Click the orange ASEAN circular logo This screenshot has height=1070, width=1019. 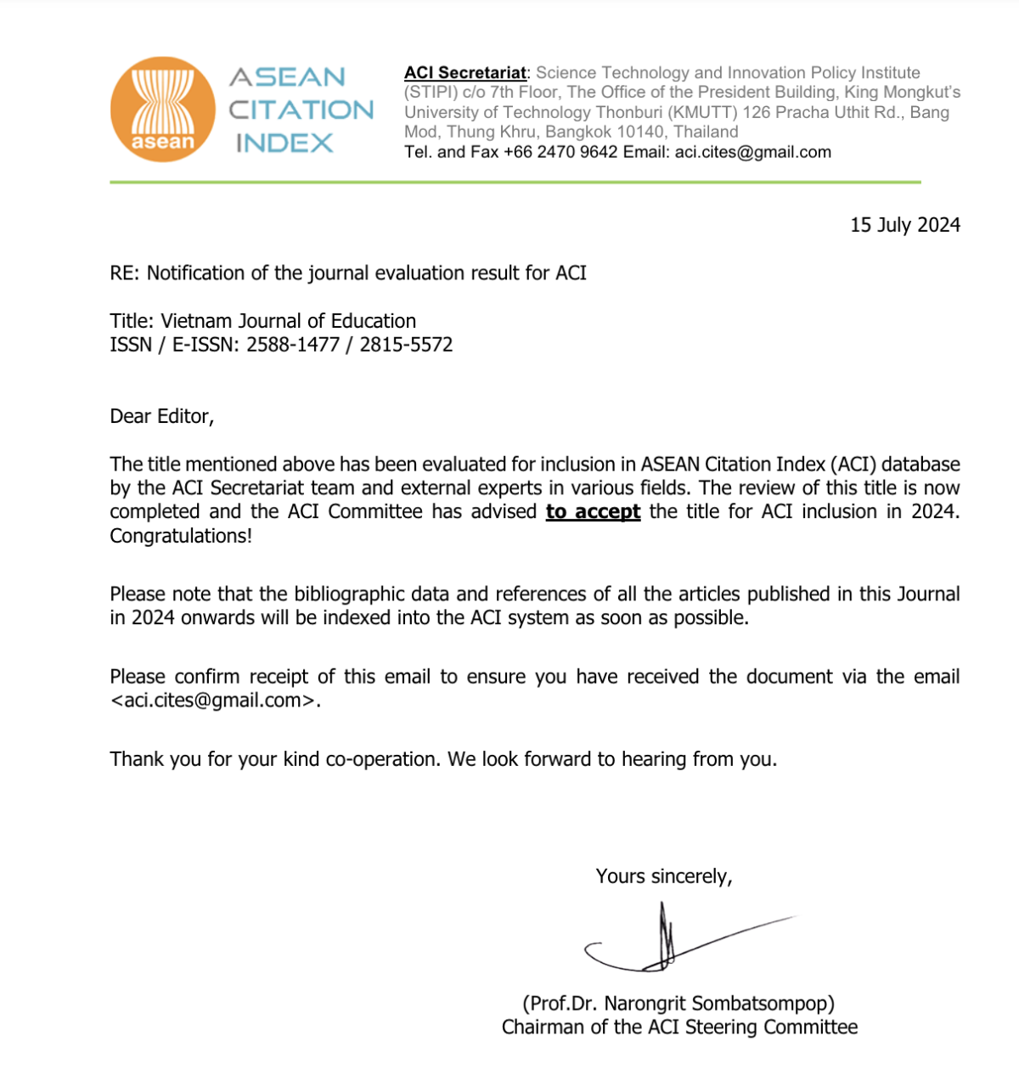(163, 109)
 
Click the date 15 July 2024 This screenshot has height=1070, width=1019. (905, 225)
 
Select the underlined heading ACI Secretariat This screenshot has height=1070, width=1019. (464, 73)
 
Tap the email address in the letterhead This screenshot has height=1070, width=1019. (752, 153)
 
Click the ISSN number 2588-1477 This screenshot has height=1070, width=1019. (293, 345)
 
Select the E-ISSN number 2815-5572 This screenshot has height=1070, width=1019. (406, 345)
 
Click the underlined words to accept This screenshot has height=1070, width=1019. (593, 512)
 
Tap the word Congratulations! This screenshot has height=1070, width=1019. (181, 536)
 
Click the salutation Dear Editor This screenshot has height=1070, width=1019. (161, 416)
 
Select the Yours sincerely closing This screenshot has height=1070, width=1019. (663, 876)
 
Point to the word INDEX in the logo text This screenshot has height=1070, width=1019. (284, 144)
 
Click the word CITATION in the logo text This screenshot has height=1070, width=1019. (301, 110)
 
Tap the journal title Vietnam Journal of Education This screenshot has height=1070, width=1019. (289, 321)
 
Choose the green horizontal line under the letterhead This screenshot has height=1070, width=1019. (515, 182)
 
